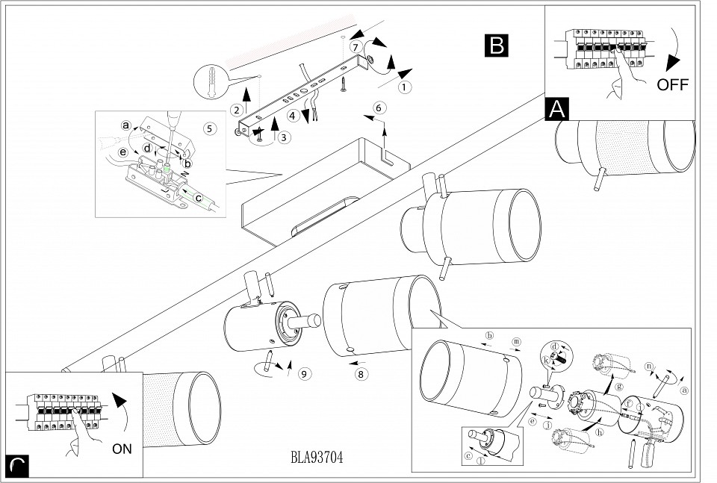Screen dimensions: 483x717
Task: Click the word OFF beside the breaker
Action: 672,84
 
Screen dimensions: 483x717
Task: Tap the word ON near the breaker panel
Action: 122,449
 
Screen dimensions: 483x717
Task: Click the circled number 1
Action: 405,87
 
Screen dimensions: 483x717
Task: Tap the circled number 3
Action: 282,137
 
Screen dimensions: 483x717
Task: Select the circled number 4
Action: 294,116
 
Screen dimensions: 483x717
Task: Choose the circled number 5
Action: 209,128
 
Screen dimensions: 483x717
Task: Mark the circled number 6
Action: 378,107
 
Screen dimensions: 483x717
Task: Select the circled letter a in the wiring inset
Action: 125,125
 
